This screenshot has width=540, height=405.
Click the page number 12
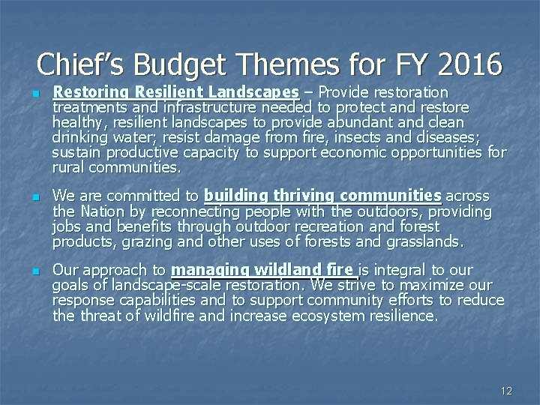coord(506,390)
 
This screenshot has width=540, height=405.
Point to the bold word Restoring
coord(92,92)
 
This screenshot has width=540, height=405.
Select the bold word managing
coord(213,270)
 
